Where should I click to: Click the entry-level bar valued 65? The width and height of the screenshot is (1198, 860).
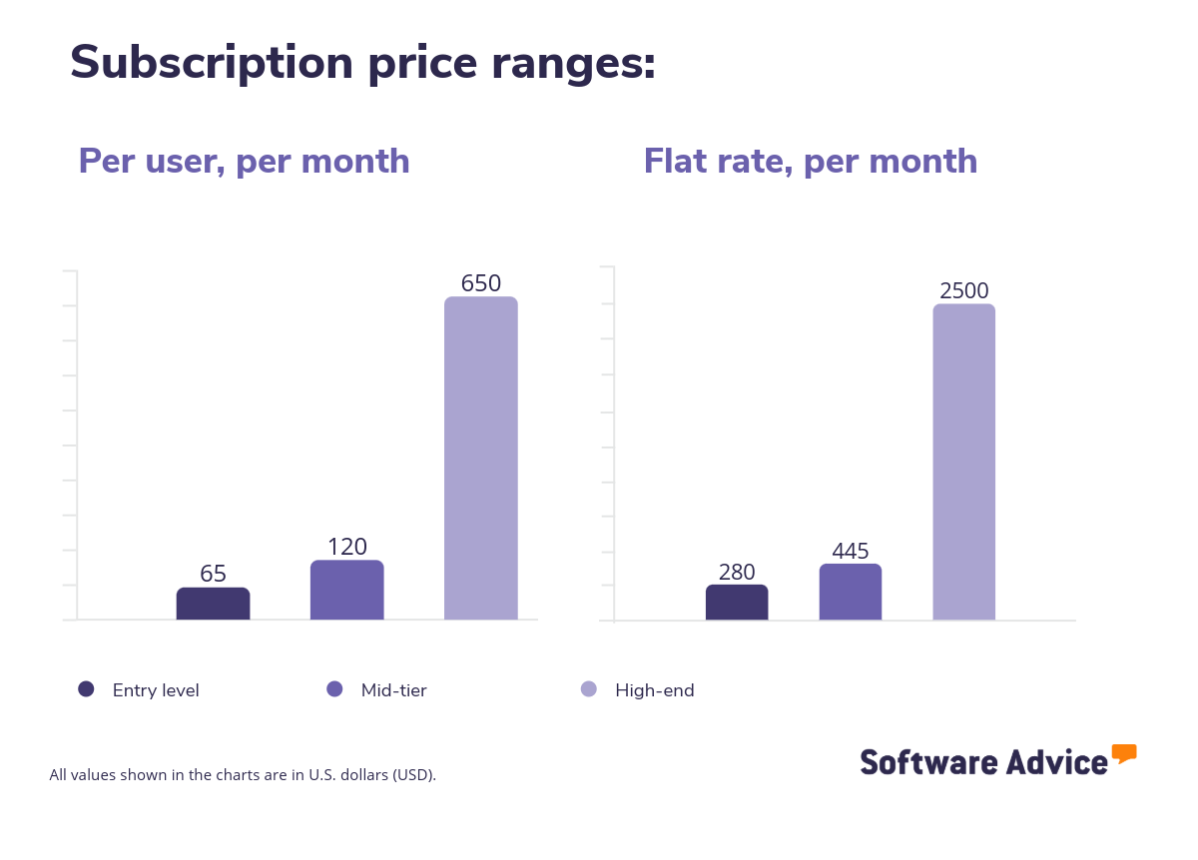coord(213,604)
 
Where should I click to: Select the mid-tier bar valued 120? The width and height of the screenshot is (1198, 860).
coord(346,590)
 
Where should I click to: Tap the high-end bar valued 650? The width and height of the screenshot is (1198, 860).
coord(480,458)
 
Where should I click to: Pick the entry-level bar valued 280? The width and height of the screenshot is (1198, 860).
coord(737,603)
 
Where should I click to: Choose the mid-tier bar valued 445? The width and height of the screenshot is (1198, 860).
coord(851,592)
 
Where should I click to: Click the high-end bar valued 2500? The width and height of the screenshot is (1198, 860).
coord(964,462)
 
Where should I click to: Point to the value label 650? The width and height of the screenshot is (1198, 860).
coord(480,283)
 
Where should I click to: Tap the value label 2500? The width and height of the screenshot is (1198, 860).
coord(964,291)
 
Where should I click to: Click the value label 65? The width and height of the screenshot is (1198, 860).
coord(213,574)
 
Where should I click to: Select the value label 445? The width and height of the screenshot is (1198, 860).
coord(851,551)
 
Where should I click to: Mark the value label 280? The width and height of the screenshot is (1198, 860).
coord(737,573)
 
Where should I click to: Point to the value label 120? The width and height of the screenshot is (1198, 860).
coord(347,547)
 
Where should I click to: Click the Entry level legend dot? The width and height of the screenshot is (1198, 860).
coord(86,688)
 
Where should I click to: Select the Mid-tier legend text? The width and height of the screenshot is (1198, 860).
coord(393,690)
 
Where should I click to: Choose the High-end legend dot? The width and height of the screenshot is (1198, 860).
coord(589,688)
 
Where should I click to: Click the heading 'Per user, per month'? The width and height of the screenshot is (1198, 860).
coord(244,161)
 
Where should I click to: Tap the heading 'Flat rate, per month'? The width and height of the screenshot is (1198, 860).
coord(810,161)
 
